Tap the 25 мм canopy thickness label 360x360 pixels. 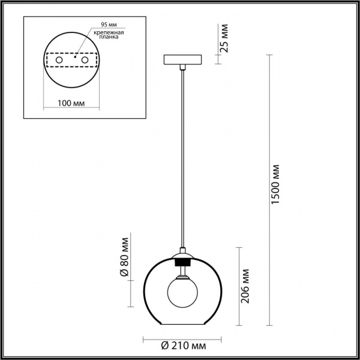click(x=224, y=40)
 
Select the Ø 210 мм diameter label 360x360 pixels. click(x=184, y=346)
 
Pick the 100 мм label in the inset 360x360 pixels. click(x=70, y=103)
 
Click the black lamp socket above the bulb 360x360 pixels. click(x=182, y=262)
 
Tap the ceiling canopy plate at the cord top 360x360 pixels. click(x=184, y=61)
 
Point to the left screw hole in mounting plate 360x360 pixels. click(x=58, y=61)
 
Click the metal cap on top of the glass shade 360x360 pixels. click(x=183, y=254)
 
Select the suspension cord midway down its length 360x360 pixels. click(x=183, y=156)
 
